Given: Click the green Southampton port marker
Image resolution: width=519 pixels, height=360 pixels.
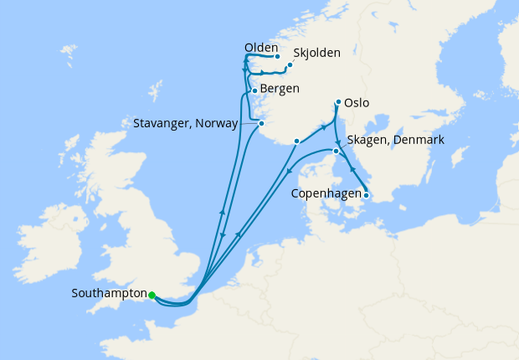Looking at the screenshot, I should pyautogui.click(x=152, y=295).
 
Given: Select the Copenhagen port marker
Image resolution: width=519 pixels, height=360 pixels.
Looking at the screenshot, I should pyautogui.click(x=366, y=196).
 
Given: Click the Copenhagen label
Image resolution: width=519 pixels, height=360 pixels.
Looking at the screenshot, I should pyautogui.click(x=325, y=194).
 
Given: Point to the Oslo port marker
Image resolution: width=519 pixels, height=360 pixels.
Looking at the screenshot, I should pyautogui.click(x=338, y=103).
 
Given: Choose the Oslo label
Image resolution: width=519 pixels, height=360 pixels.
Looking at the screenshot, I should pyautogui.click(x=356, y=104).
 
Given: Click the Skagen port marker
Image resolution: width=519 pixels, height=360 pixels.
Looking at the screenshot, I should pyautogui.click(x=337, y=152).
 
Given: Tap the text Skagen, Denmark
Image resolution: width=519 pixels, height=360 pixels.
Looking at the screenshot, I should pyautogui.click(x=393, y=139).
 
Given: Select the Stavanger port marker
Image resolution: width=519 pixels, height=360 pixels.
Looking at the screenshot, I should pyautogui.click(x=262, y=124).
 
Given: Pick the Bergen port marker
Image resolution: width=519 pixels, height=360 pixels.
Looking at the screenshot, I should pyautogui.click(x=254, y=90).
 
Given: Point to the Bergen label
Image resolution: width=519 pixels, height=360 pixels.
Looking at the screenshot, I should pyautogui.click(x=280, y=88).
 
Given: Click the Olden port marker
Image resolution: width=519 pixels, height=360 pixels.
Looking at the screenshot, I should pyautogui.click(x=277, y=57).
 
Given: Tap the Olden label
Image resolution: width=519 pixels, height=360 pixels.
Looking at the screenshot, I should pyautogui.click(x=261, y=49).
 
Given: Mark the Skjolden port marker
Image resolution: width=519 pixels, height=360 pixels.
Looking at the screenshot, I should pyautogui.click(x=290, y=64).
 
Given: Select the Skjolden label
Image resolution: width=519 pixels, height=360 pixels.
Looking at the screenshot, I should pyautogui.click(x=317, y=53).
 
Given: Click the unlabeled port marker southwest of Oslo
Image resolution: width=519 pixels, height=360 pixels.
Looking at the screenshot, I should pyautogui.click(x=297, y=141).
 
